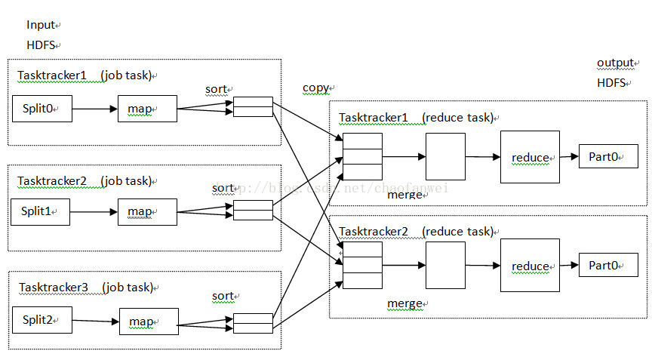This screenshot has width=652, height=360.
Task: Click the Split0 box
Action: [42, 109]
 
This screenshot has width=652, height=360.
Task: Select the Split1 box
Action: [40, 212]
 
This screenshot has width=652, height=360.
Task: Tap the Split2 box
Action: [42, 321]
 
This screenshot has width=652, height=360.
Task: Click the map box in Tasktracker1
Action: [147, 109]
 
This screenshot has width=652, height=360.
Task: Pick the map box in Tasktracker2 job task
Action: [147, 212]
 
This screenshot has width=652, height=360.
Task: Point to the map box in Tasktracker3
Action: [149, 322]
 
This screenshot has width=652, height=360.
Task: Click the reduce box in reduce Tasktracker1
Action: [530, 157]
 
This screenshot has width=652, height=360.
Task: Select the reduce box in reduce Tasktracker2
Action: [530, 266]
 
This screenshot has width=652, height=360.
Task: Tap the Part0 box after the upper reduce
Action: [608, 156]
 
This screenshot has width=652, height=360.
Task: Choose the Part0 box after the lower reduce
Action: [608, 265]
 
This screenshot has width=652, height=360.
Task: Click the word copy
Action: [315, 88]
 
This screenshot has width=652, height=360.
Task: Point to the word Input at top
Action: [41, 25]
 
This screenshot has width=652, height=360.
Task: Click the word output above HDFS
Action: [615, 63]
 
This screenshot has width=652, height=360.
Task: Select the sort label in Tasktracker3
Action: [223, 296]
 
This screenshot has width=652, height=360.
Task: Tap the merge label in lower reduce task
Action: [404, 303]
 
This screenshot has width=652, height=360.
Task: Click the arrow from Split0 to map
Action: [95, 109]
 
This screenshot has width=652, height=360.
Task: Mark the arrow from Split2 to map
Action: [96, 322]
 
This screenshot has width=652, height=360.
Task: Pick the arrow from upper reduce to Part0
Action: [569, 157]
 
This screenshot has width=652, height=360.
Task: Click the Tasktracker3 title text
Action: [54, 288]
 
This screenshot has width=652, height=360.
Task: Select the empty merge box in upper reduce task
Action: [445, 157]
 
